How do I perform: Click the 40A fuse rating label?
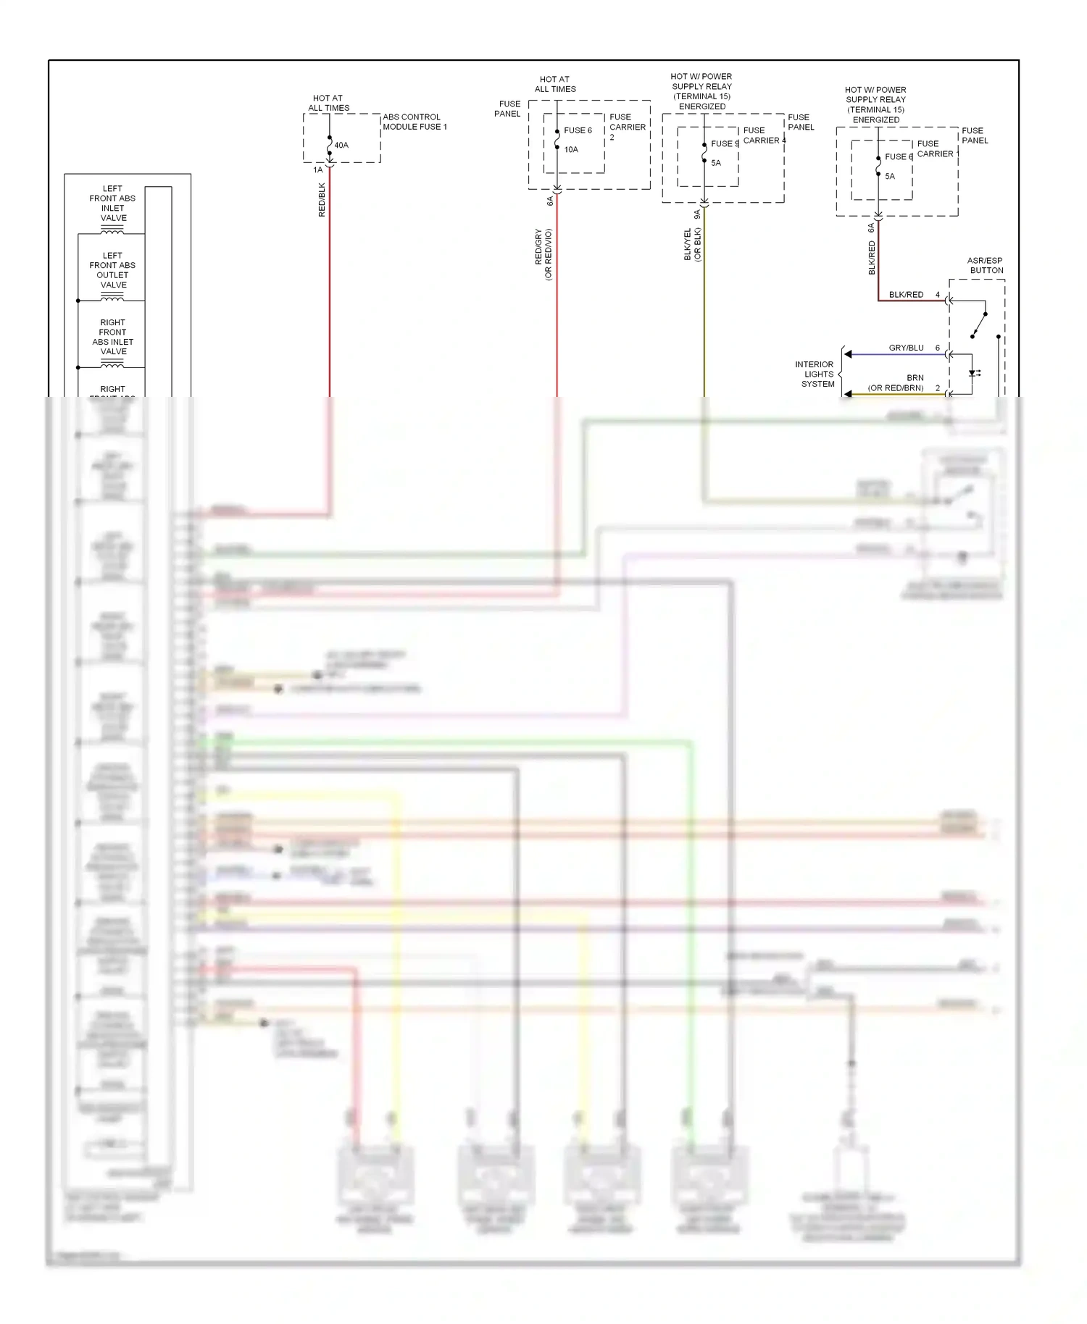click(341, 146)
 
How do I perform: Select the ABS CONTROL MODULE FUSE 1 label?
click(415, 122)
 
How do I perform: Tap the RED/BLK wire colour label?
click(322, 200)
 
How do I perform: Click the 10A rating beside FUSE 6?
click(571, 150)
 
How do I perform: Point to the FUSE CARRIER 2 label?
click(627, 127)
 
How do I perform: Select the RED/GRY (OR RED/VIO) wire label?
click(543, 254)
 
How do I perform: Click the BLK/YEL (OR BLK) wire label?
click(693, 245)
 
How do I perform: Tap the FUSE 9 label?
click(724, 144)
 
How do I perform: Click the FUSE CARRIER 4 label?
click(764, 135)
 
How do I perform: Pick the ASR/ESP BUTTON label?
click(986, 266)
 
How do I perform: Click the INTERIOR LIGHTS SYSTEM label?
click(816, 374)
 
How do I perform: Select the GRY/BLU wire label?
click(906, 348)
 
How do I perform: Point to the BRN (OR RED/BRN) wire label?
click(897, 383)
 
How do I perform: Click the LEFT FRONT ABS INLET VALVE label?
click(113, 204)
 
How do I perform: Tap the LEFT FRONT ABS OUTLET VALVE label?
click(113, 270)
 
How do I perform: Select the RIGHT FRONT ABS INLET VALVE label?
click(113, 337)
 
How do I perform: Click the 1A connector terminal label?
click(317, 170)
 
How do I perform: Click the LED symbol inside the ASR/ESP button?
click(973, 374)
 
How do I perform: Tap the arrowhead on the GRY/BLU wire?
click(848, 354)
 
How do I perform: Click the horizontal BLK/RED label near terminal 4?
click(906, 295)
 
